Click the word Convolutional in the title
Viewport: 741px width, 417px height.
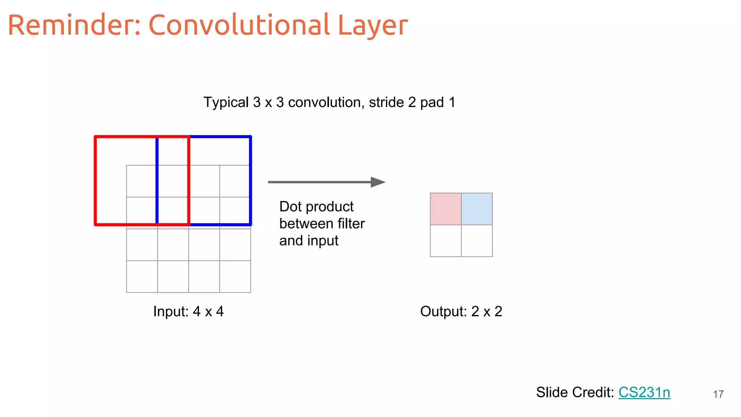click(x=239, y=25)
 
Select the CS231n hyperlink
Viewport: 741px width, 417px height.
click(x=644, y=392)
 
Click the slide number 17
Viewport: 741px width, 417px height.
click(x=718, y=394)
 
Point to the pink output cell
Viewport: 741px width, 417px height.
click(x=445, y=209)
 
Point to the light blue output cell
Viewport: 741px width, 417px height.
click(x=477, y=209)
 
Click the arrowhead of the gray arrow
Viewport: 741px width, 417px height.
click(x=378, y=182)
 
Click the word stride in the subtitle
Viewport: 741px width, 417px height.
click(x=386, y=102)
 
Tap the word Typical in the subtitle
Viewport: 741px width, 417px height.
click(x=226, y=102)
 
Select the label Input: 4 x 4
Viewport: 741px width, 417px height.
click(x=188, y=311)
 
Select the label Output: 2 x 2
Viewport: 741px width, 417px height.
click(x=461, y=311)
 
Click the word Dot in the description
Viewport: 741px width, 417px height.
click(x=290, y=207)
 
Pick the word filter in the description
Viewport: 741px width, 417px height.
click(x=351, y=224)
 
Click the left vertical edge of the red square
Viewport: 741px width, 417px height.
click(x=96, y=181)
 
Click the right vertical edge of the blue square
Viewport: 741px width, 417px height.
click(x=250, y=181)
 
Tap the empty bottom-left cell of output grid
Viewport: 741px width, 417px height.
click(x=445, y=241)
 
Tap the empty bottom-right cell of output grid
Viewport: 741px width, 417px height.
click(x=477, y=241)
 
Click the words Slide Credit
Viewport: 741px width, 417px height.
click(x=575, y=392)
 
